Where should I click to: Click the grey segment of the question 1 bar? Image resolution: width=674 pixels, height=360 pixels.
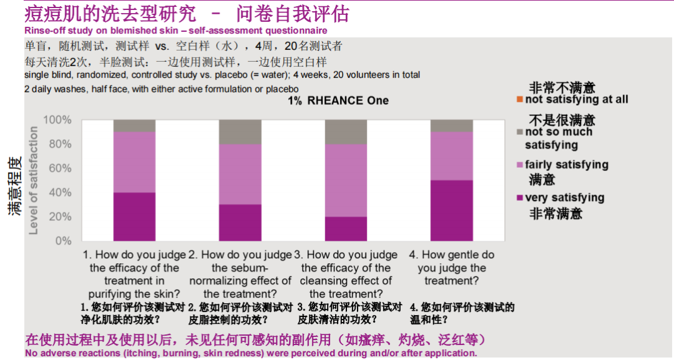coord(134,125)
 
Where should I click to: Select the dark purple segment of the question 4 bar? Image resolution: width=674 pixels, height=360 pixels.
coord(451,210)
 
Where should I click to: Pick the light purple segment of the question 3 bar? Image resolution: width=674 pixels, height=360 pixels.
coord(346,180)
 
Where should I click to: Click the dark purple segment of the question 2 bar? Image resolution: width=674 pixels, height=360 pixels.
coord(240,222)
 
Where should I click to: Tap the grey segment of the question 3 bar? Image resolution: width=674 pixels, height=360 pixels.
coord(346,132)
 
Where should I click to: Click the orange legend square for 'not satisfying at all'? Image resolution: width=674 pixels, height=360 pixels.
coord(520,100)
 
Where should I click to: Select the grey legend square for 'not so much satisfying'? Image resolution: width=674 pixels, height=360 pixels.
coord(520,132)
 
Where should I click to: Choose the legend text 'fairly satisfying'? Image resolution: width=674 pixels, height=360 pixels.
coord(567,165)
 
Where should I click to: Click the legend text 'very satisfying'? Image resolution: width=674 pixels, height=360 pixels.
coord(565,198)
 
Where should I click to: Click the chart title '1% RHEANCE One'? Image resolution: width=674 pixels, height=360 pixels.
coord(338,100)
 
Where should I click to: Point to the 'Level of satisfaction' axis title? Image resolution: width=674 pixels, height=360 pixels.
coord(34,180)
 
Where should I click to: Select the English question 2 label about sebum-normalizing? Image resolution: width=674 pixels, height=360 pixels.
coord(240,274)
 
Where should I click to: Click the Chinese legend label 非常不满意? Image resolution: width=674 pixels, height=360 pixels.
coord(562,88)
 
